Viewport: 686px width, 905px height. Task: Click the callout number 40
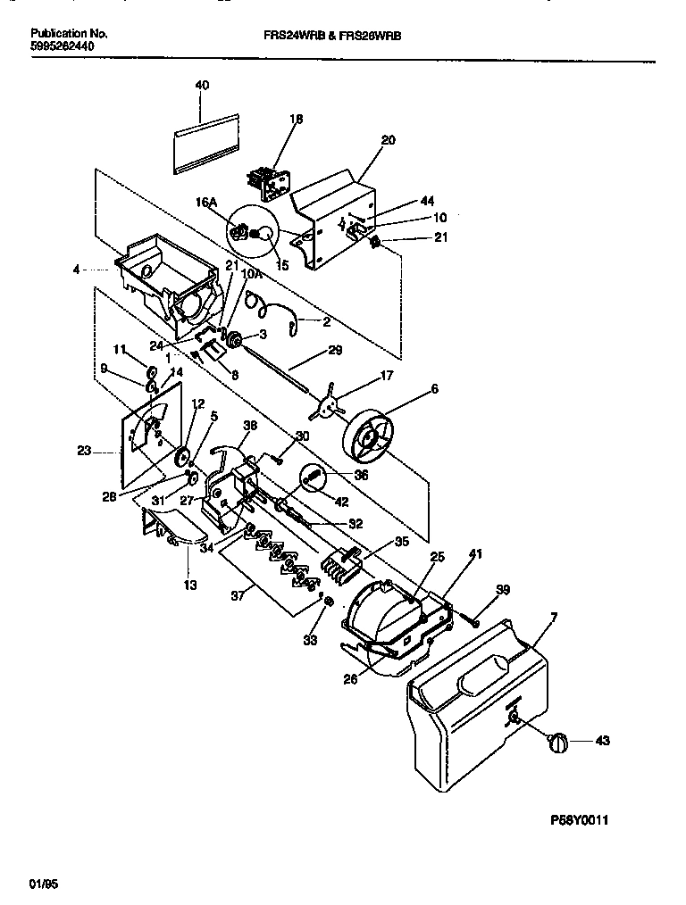202,85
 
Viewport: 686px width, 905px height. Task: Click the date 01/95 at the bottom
41,884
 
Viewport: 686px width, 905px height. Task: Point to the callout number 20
388,140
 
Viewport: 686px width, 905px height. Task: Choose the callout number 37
236,590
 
